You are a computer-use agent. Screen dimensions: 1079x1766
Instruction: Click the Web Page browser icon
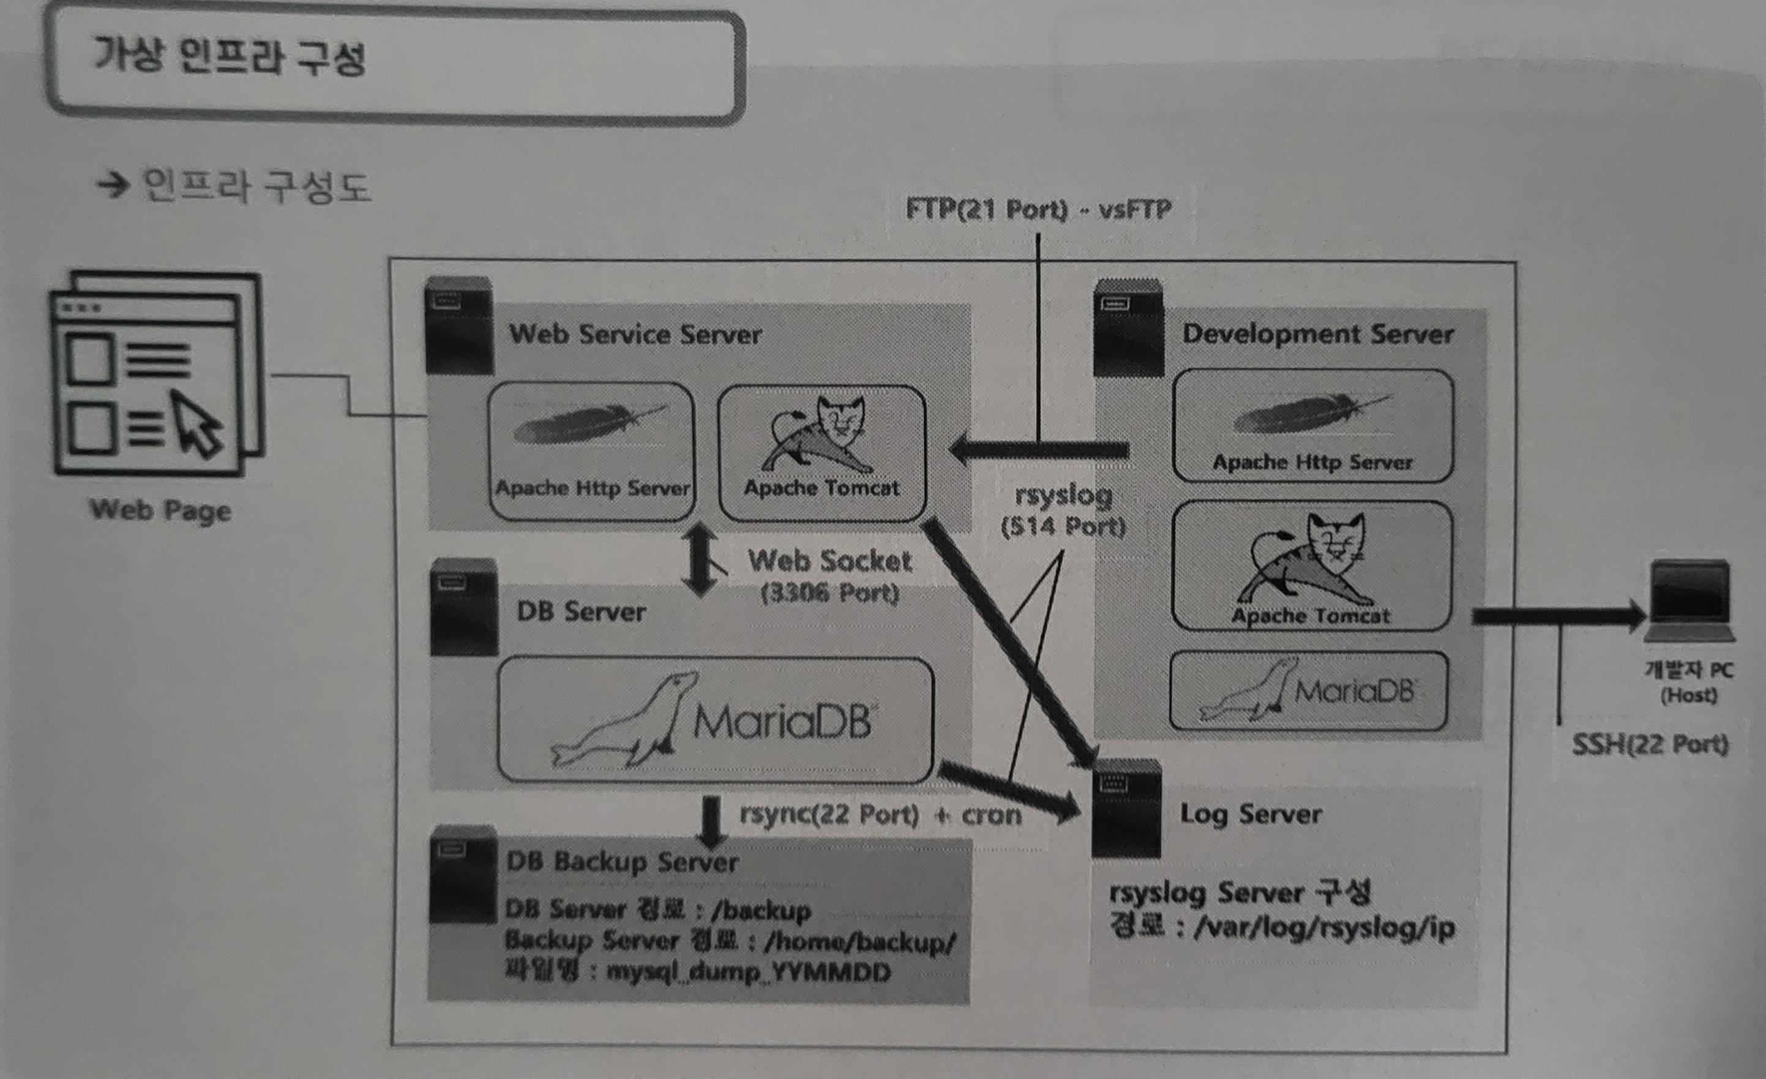click(158, 373)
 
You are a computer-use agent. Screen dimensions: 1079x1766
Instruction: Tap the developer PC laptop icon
click(1690, 600)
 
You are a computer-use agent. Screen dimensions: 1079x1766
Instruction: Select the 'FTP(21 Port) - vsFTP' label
click(1038, 209)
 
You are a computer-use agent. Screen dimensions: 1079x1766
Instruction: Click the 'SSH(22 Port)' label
click(1649, 744)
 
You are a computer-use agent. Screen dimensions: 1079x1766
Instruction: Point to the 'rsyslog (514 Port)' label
click(1064, 510)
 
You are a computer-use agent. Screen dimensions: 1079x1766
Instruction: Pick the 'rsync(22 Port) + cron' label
click(880, 815)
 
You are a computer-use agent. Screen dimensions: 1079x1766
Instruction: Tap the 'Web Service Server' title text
click(635, 335)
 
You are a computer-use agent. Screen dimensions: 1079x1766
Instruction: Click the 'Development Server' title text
click(1317, 334)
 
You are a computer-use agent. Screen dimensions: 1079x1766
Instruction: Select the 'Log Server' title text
click(1251, 814)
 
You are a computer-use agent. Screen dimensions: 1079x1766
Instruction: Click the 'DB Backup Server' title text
click(622, 861)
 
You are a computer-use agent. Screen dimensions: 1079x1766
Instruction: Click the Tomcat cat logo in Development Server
click(1309, 559)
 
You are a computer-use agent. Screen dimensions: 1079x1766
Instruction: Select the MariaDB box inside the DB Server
click(714, 719)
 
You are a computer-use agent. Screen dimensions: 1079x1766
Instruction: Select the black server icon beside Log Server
click(1126, 807)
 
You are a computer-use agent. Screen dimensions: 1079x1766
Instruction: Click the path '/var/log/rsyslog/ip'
click(1324, 928)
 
